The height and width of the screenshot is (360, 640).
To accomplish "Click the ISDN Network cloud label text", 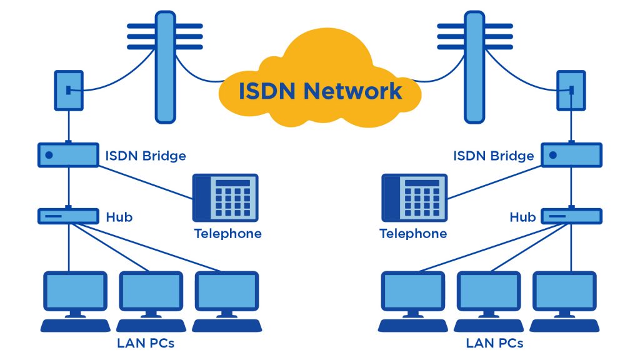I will tap(320, 91).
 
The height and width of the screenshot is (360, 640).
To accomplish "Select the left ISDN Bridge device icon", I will tap(68, 155).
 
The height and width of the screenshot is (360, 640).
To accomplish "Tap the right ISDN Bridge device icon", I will tap(571, 155).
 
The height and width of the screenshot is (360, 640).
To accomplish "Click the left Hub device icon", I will tap(68, 216).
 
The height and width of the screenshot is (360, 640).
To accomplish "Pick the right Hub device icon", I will tap(571, 216).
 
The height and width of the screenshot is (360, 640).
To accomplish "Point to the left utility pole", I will tap(164, 67).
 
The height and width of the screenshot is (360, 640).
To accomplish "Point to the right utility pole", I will tap(474, 67).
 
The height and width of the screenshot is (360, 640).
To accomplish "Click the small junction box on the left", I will tap(68, 91).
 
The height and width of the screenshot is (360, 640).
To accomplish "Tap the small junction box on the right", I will tap(571, 91).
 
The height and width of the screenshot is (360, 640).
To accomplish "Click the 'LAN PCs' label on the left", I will tap(145, 343).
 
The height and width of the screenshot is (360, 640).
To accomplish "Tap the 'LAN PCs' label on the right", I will tap(494, 343).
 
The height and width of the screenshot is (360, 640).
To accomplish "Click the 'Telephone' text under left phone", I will tap(227, 234).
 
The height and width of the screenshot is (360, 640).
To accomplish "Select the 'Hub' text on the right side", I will tap(522, 217).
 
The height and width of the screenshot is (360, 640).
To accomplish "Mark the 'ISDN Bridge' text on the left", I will tap(146, 156).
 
